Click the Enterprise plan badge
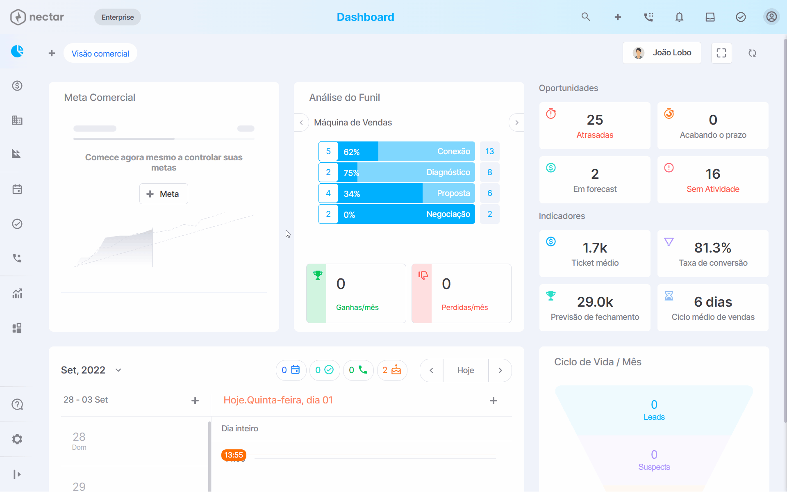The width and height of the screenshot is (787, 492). (118, 17)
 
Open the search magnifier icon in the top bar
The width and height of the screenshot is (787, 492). (586, 17)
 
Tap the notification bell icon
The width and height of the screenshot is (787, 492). (679, 17)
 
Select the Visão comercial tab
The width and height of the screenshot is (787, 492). (100, 53)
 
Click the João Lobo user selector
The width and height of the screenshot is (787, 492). (662, 53)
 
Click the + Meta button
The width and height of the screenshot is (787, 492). (164, 194)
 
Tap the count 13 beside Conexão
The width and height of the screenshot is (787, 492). (490, 151)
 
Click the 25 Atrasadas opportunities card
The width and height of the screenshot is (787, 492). (595, 125)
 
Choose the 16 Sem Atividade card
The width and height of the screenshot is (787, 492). (713, 180)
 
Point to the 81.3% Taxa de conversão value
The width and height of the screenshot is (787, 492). (713, 248)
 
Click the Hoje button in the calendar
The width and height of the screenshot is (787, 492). (466, 370)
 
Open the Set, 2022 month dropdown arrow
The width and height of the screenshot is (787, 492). (118, 370)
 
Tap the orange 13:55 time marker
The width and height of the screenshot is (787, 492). (234, 455)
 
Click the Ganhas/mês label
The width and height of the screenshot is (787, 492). (357, 307)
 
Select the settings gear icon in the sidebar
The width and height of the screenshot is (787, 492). (17, 439)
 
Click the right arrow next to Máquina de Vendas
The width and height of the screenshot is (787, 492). (516, 123)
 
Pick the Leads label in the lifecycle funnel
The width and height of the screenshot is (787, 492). (654, 417)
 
